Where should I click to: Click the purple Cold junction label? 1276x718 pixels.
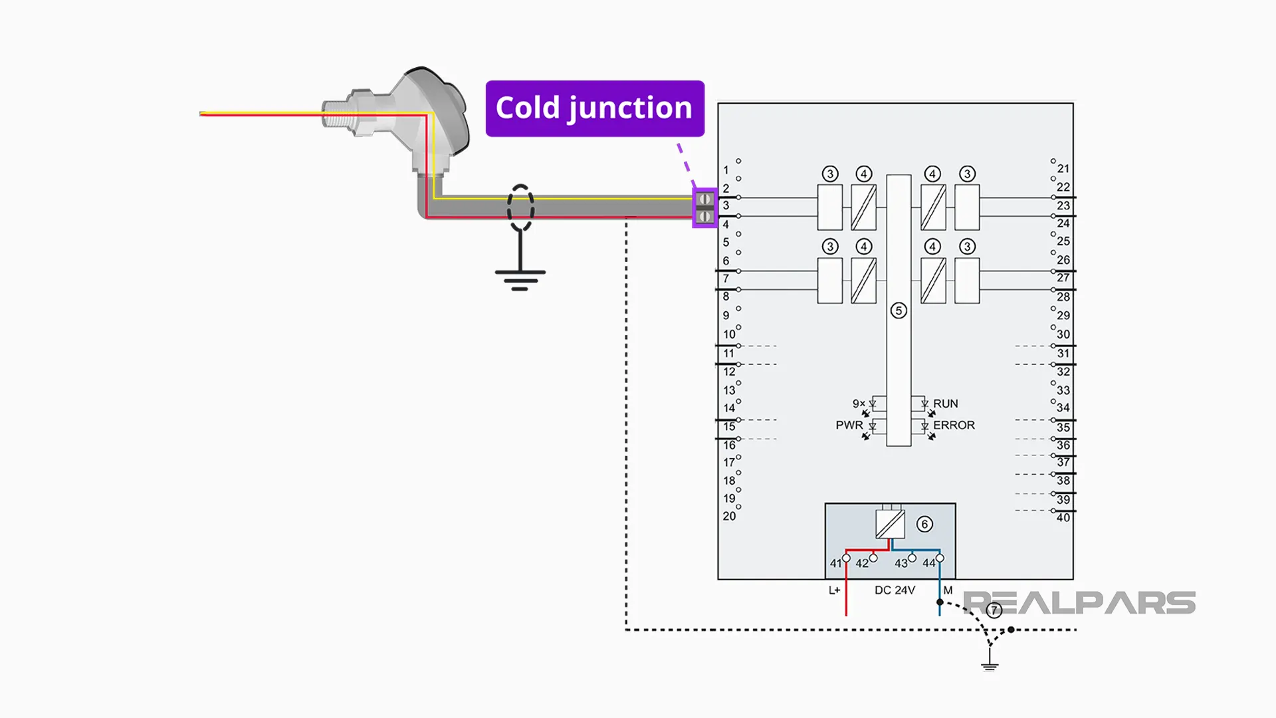point(595,108)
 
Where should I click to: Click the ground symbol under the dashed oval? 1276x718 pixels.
point(520,274)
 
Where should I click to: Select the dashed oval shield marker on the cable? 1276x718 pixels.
point(520,208)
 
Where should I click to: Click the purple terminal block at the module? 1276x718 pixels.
point(704,208)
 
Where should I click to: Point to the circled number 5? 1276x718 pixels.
point(899,310)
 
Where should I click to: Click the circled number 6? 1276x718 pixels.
point(924,524)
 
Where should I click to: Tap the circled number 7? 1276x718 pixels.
point(994,610)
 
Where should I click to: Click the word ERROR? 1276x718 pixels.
point(954,425)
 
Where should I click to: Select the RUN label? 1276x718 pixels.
point(945,404)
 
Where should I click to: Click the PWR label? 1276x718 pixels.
point(849,425)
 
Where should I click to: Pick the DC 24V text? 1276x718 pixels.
point(895,590)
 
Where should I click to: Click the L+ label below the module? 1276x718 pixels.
point(834,590)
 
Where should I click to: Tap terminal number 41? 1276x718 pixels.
point(835,563)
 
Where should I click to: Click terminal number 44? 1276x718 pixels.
point(928,563)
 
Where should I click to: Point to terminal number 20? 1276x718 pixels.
point(729,516)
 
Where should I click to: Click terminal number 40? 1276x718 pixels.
point(1063,517)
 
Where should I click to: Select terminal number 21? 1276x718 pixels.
point(1063,169)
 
